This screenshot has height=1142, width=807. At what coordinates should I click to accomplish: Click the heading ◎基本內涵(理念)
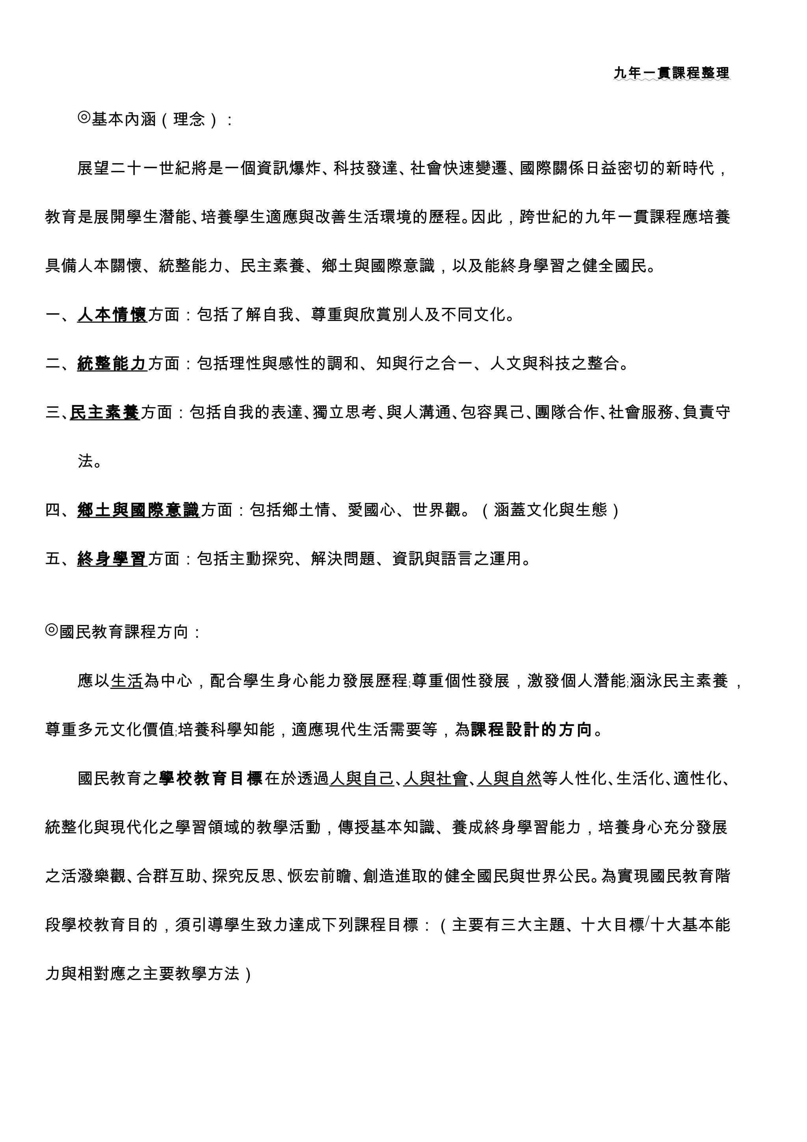(154, 119)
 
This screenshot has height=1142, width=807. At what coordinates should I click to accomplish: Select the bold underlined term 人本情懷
(112, 315)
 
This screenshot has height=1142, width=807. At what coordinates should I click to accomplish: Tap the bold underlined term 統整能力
(112, 364)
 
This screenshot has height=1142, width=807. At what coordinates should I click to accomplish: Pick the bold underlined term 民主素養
(105, 412)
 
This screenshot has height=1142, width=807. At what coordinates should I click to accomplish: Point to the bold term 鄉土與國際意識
(138, 510)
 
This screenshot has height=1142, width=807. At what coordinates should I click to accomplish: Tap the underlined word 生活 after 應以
(127, 681)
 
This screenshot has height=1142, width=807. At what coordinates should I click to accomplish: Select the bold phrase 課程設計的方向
(531, 730)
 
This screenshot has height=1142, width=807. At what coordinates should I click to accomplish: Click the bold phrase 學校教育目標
(210, 778)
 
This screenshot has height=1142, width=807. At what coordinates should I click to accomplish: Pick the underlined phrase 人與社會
(435, 778)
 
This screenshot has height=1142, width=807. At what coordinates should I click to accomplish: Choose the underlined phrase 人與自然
(509, 778)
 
